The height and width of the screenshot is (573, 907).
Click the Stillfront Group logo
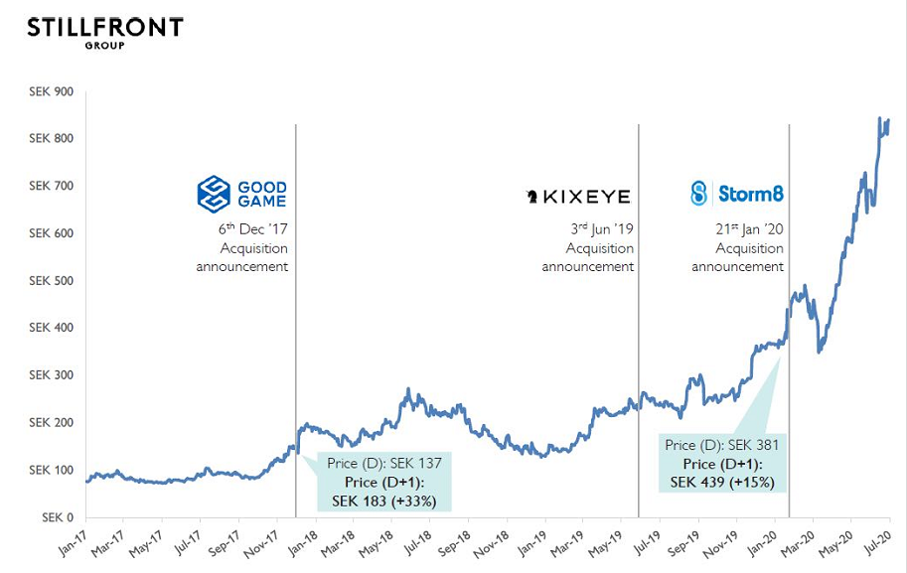[x=104, y=31]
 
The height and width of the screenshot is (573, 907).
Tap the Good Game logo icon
[x=214, y=195]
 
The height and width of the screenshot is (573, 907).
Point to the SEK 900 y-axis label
[x=53, y=91]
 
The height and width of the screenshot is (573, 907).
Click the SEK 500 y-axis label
[x=53, y=281]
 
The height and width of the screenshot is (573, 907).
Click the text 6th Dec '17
[x=253, y=228]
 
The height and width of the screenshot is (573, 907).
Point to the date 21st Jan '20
[x=744, y=228]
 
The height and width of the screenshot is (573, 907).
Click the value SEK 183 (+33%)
[x=383, y=500]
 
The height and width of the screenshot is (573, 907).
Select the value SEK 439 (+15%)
[x=723, y=483]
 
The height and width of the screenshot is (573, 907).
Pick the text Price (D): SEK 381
[x=722, y=445]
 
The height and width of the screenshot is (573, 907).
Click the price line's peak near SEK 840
[x=879, y=119]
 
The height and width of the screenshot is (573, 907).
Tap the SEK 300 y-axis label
[x=53, y=375]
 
